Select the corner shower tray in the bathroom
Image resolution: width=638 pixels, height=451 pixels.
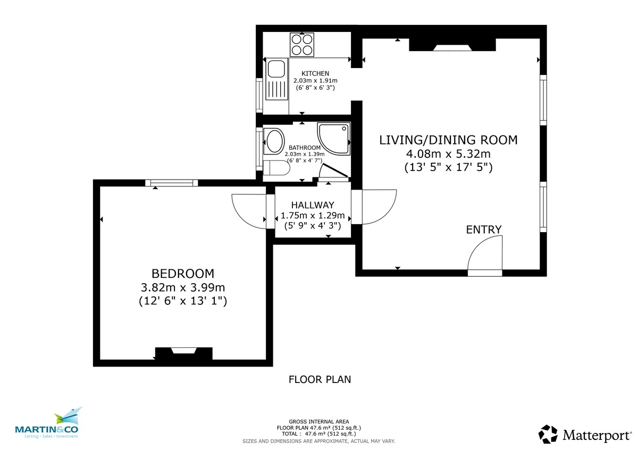coord(334,139)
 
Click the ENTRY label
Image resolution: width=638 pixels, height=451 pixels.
coord(483,229)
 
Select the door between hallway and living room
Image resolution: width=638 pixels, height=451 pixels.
coord(375,207)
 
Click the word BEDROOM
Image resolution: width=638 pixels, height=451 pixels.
coord(183,274)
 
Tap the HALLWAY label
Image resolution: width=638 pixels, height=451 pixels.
coord(313,205)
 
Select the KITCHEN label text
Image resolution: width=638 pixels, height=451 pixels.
coord(315,73)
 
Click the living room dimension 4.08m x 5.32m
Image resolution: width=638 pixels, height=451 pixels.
coord(448,154)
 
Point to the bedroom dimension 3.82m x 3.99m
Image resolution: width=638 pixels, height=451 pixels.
coord(183,287)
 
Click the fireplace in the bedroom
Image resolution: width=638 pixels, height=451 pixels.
coord(183,353)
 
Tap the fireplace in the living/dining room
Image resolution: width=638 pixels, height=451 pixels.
coord(452,45)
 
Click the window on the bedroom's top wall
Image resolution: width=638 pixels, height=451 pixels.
coord(172,183)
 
